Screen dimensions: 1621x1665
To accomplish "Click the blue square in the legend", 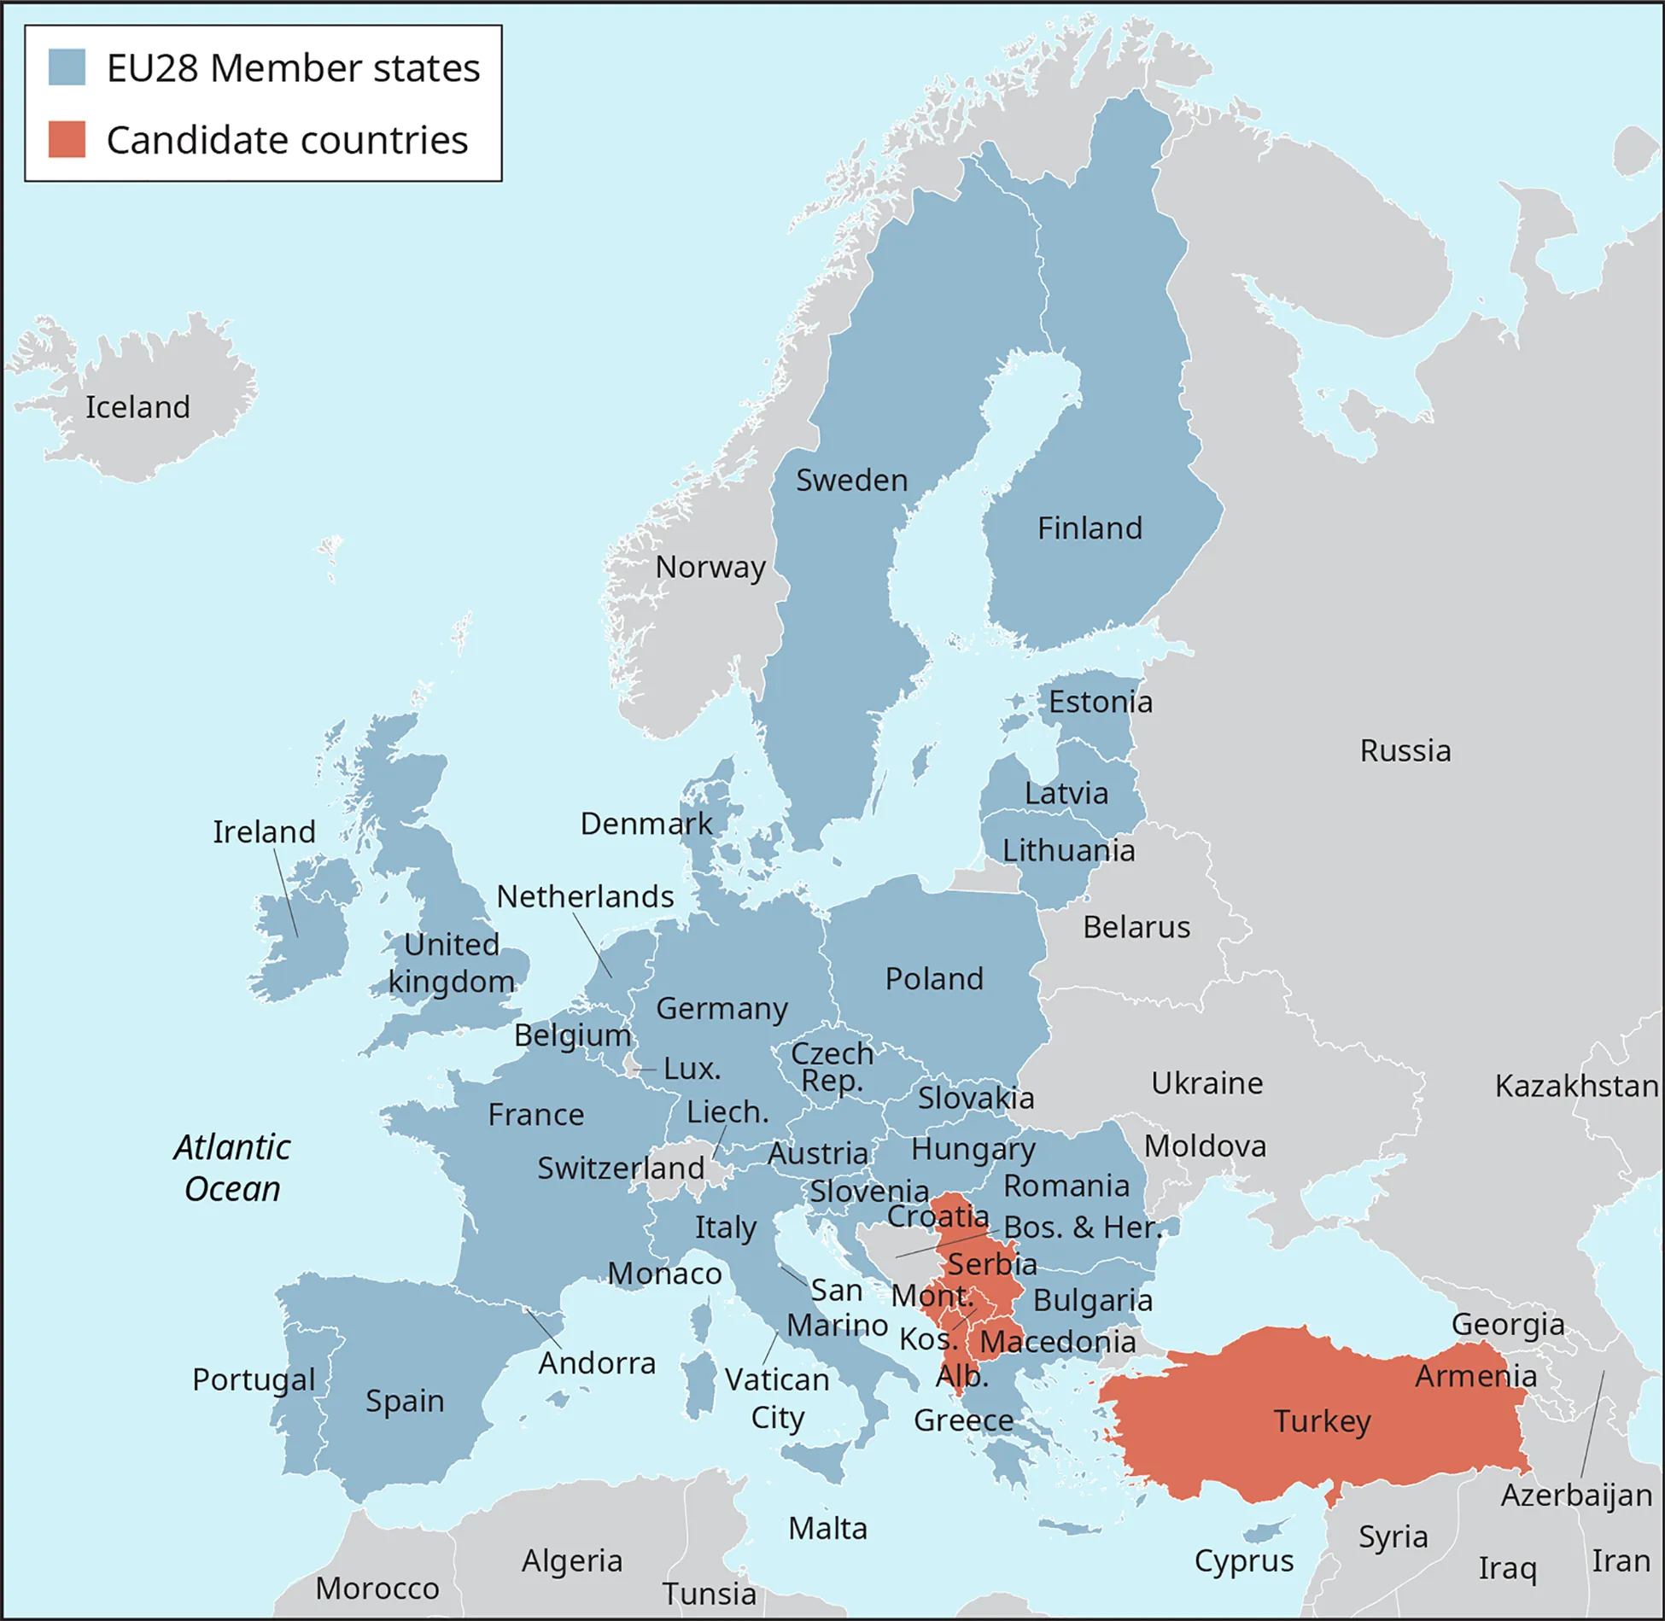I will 67,67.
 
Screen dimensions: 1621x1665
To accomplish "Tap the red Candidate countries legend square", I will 67,139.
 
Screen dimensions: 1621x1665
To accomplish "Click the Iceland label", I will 137,407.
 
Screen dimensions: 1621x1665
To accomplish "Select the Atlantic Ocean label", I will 232,1168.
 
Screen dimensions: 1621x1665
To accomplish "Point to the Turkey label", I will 1322,1421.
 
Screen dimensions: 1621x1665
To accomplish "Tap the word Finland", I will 1090,528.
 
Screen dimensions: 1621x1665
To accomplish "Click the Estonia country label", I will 1101,702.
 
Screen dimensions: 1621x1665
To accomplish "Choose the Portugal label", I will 254,1379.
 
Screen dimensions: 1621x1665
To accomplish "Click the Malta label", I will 827,1528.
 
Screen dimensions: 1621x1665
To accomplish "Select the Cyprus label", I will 1243,1560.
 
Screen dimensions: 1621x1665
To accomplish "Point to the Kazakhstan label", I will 1576,1086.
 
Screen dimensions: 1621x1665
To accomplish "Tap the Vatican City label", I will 777,1398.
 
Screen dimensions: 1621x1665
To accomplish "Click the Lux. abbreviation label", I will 692,1069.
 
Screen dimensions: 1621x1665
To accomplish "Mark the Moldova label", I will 1205,1146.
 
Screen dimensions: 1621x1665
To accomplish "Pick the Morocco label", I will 377,1589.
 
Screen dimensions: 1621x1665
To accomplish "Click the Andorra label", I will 597,1363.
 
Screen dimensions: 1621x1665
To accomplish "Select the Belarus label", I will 1136,927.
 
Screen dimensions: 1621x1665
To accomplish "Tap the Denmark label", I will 646,824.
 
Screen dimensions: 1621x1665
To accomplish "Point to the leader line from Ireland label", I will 286,892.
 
